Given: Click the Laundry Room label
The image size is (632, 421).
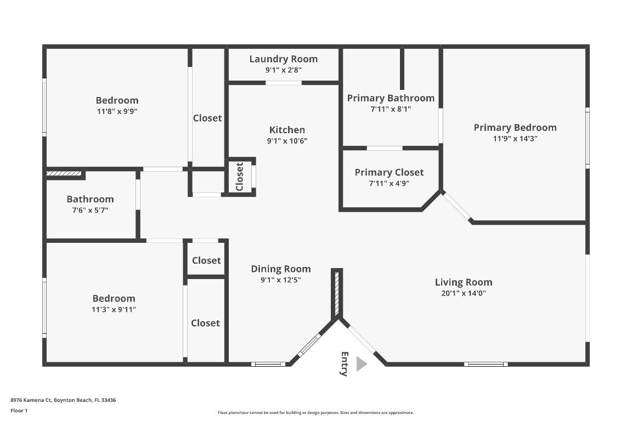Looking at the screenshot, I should (283, 59).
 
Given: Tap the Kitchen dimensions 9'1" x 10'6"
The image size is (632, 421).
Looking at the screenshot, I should (287, 141).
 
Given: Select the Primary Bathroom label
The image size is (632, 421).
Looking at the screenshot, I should (391, 98).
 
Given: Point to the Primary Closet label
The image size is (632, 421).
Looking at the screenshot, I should (389, 173).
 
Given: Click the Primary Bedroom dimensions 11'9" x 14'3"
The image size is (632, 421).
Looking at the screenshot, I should (515, 139).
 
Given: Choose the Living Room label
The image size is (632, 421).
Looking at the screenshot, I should (464, 282).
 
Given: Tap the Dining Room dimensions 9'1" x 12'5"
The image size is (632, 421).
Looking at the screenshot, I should (281, 280).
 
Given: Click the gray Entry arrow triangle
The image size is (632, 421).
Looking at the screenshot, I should (361, 364).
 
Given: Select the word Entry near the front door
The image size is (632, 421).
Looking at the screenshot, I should (344, 364).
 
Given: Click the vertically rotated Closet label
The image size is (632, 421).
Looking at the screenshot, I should (240, 177).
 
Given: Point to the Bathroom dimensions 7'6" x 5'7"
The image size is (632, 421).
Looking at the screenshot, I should (91, 209).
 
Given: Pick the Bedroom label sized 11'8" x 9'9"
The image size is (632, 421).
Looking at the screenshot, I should (117, 100).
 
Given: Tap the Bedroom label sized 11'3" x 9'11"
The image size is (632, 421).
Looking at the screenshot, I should (114, 299).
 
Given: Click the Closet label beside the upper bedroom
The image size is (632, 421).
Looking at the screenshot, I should (207, 118).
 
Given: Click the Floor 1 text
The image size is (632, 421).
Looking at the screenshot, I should (19, 411).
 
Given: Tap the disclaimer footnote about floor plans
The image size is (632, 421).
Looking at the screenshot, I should (315, 413).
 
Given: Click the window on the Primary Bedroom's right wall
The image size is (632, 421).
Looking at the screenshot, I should (587, 138).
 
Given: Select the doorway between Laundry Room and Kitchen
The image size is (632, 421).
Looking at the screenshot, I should (284, 83).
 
